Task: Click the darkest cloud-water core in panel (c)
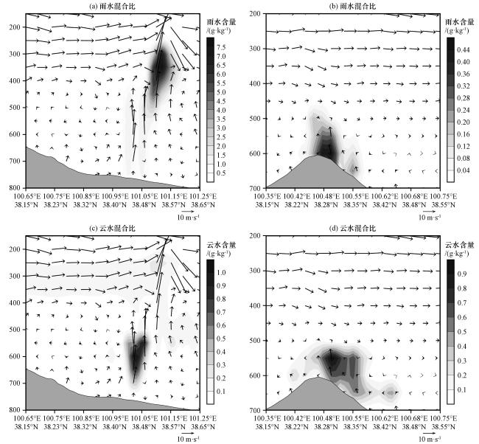point(136,359)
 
